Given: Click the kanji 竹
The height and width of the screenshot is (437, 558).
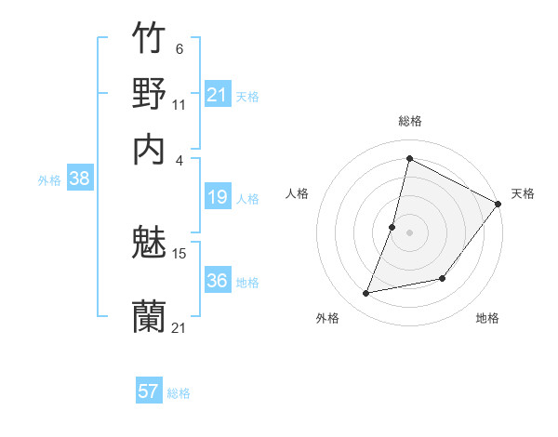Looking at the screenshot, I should click(x=149, y=40).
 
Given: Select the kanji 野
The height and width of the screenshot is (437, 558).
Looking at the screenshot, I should click(x=149, y=93).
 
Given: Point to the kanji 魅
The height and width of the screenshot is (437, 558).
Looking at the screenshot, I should click(x=149, y=244).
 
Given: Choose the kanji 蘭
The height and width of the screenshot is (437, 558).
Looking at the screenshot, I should click(x=149, y=317).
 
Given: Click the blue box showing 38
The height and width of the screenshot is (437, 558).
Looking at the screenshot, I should click(x=79, y=179).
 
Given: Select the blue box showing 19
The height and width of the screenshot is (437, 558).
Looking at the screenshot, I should click(x=218, y=197).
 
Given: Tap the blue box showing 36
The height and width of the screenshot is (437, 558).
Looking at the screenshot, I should click(x=218, y=281).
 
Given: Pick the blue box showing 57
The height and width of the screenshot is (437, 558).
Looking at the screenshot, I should click(x=149, y=391).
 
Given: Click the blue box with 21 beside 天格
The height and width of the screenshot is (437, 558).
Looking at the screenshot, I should click(x=218, y=95).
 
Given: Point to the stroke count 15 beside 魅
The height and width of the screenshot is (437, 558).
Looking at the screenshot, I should click(x=179, y=253).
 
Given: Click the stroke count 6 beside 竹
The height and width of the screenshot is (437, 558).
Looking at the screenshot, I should click(x=179, y=49).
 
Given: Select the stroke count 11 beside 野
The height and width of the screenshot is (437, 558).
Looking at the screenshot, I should click(x=179, y=104).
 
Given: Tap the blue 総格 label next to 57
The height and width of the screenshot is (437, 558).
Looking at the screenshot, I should click(x=179, y=393).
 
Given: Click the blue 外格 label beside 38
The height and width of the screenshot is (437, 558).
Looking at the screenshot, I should click(x=49, y=180).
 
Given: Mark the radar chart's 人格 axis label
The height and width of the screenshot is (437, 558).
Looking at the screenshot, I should click(x=297, y=193).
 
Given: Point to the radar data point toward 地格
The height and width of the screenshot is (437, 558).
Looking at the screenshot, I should click(x=443, y=278).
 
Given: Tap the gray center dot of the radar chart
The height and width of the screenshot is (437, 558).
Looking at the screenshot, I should click(x=409, y=232).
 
